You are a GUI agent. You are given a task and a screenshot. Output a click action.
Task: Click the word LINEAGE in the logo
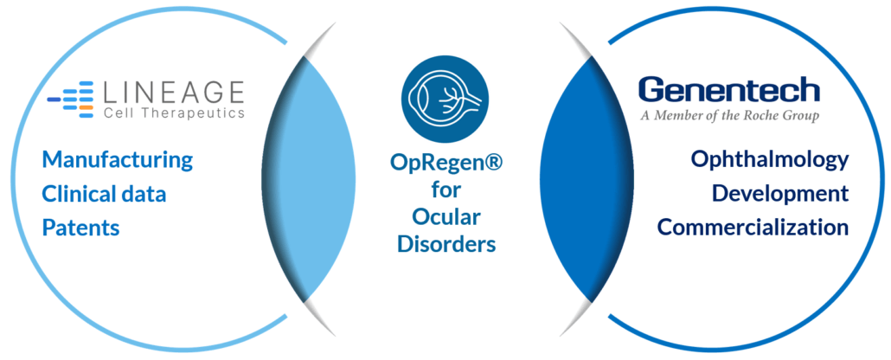[x=174, y=92]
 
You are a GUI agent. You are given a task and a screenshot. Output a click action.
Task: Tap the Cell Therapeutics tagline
[x=175, y=112]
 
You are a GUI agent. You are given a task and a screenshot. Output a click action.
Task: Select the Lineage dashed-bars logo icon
[x=70, y=99]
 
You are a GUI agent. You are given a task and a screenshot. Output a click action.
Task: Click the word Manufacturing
[x=118, y=161]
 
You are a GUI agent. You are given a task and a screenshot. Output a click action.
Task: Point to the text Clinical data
[x=104, y=195]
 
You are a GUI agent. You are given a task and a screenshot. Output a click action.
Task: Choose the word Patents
[x=80, y=228]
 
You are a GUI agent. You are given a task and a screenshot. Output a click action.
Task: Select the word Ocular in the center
[x=446, y=216]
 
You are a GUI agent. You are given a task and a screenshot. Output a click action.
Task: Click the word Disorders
[x=446, y=244]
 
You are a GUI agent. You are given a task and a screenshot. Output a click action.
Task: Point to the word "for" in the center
[x=446, y=190]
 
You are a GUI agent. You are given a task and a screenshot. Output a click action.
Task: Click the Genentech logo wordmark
[x=729, y=91]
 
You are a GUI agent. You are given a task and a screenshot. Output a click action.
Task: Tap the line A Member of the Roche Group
[x=729, y=116]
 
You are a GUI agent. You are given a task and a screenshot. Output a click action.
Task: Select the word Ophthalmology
[x=770, y=161]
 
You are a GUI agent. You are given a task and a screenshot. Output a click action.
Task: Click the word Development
[x=780, y=194]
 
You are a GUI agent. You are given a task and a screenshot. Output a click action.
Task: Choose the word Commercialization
[x=753, y=228]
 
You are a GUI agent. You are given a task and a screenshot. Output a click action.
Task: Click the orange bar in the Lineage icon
[x=86, y=107]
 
